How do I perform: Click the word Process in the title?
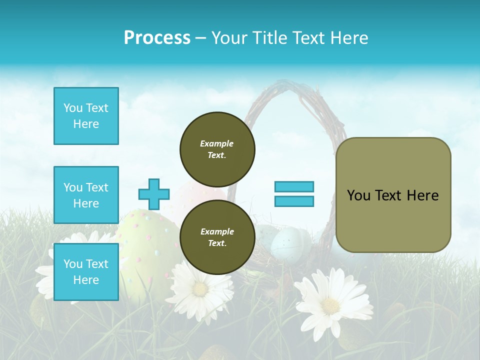coord(157,37)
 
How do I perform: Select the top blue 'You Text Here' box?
coord(86,116)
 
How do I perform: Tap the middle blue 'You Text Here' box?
coord(86,195)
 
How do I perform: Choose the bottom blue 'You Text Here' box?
coord(86,272)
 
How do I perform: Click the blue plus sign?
coord(154,194)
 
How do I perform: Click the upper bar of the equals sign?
coord(294,187)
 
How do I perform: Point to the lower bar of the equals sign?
coord(294,201)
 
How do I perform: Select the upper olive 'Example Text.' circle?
coord(217,149)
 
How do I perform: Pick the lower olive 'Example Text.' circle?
coord(217,237)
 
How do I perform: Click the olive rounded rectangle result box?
coord(393,195)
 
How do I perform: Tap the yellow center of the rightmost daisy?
coord(330,305)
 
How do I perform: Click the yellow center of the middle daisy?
coord(200,289)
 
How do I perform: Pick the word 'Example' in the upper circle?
coord(217,143)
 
